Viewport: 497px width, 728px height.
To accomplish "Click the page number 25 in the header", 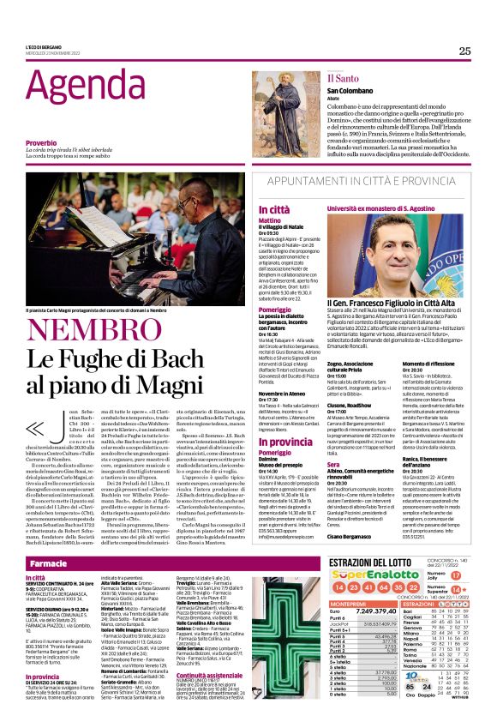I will pyautogui.click(x=464, y=51).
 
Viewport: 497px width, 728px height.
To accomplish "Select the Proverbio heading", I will pyautogui.click(x=41, y=142).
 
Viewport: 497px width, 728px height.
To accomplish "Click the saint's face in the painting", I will pyautogui.click(x=284, y=91).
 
